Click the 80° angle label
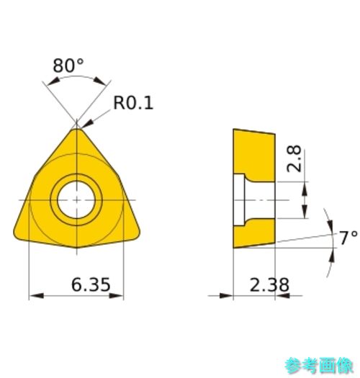point(68,66)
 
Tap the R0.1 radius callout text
point(133,103)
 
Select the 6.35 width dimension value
point(91,284)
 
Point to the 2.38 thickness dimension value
point(269,284)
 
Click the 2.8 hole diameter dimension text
point(294,158)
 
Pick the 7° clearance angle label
point(348,238)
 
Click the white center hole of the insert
point(76,200)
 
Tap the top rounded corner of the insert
point(76,130)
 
